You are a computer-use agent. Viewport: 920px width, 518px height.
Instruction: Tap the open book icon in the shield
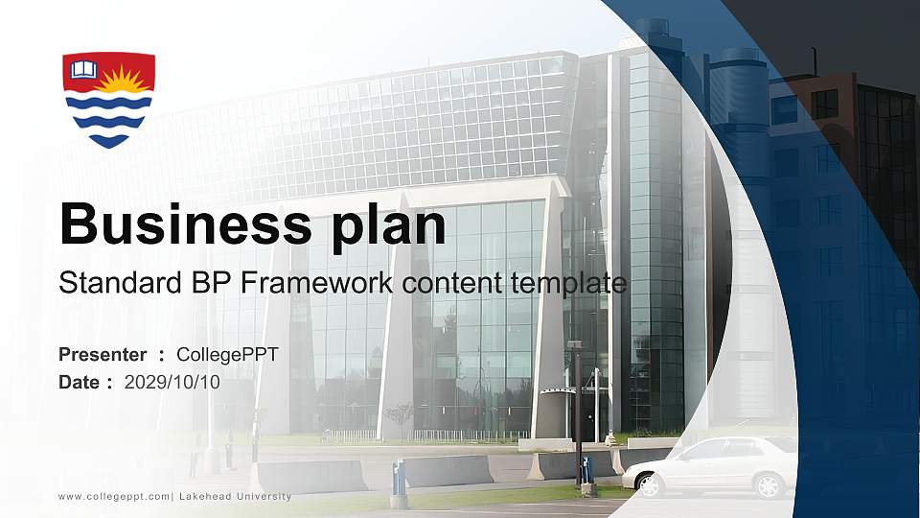(84, 70)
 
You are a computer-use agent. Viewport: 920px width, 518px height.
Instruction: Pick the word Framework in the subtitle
(313, 283)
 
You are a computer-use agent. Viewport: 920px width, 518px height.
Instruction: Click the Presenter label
(103, 355)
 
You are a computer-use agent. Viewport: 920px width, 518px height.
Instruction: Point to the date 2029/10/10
(172, 382)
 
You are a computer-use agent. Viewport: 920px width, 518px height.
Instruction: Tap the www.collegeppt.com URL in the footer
(114, 496)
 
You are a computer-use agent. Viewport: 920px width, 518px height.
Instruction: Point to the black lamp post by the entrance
(577, 412)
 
